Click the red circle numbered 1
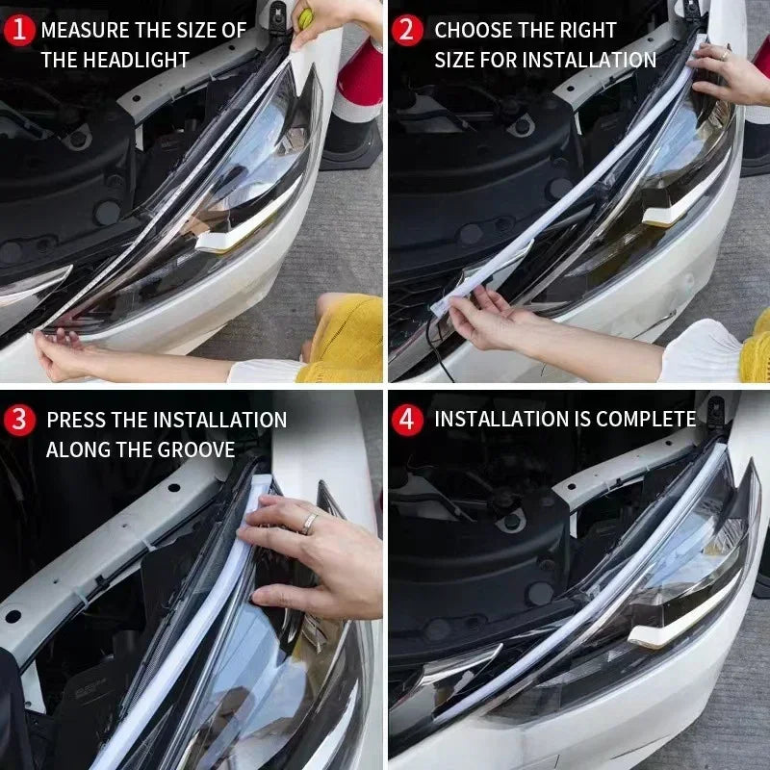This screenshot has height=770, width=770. [19, 30]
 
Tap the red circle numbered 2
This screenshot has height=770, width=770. [407, 30]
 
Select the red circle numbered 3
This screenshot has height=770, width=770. [19, 420]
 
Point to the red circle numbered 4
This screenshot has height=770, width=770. [407, 420]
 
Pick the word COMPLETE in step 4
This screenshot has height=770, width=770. [646, 420]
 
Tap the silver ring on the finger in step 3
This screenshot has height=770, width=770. [310, 523]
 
